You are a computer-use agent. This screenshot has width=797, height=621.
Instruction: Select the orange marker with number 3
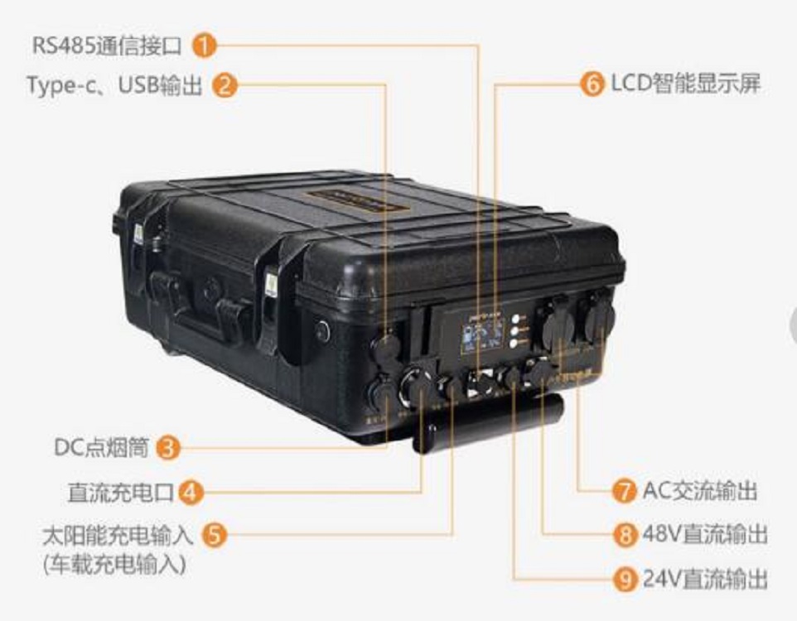[168, 448]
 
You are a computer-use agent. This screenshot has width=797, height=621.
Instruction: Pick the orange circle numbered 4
[191, 493]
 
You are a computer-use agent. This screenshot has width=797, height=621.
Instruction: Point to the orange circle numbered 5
[215, 535]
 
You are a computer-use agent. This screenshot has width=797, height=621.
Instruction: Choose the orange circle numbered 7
[624, 491]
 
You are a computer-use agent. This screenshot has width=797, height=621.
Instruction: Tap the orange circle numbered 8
[624, 534]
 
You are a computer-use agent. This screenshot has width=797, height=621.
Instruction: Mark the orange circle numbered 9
[624, 578]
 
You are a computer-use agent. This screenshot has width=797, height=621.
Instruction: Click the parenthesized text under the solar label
[114, 566]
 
